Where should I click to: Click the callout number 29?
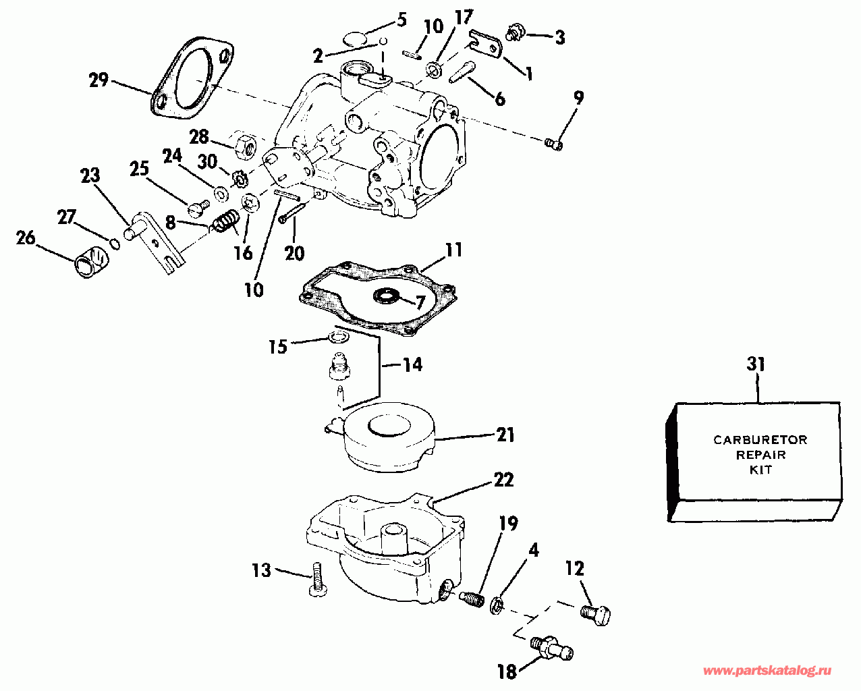coord(99,81)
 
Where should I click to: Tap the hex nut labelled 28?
coord(244,143)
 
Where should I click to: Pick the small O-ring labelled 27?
coord(115,243)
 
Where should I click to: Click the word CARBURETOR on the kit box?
coord(760,441)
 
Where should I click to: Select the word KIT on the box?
coord(760,470)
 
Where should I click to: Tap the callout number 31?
coord(756,365)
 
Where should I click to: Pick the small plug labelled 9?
coord(555,143)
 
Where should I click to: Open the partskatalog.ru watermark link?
coord(767,672)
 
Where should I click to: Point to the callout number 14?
coord(413,365)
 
